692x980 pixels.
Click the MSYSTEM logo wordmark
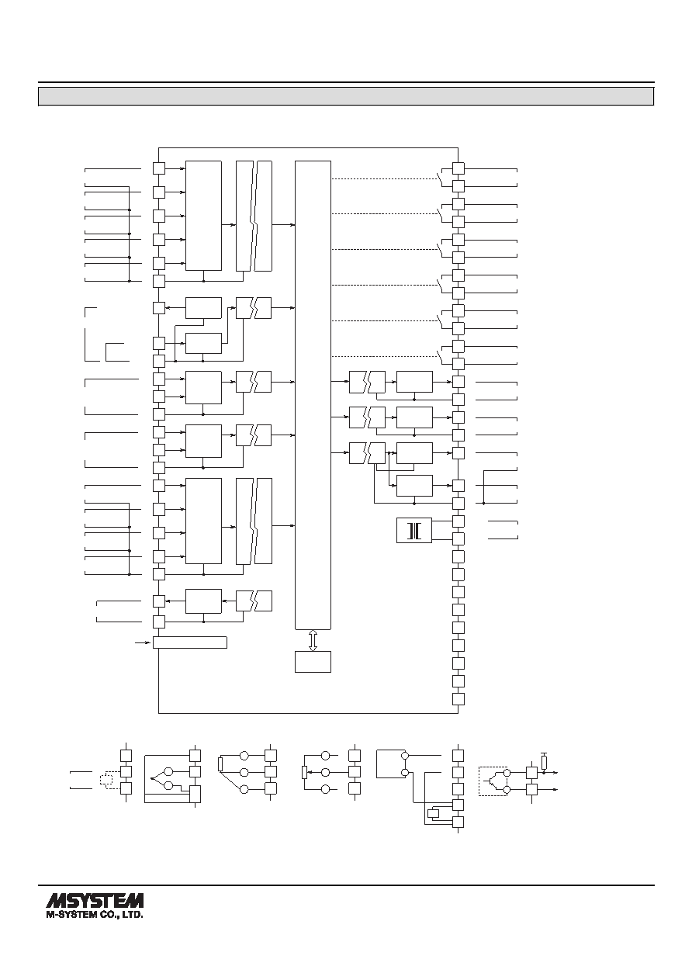[95, 899]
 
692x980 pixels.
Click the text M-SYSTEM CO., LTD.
[95, 914]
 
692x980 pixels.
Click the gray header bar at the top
[346, 96]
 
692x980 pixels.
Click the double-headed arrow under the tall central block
[313, 640]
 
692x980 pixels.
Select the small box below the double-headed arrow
[313, 662]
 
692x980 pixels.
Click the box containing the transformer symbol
[414, 530]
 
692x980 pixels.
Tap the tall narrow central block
[313, 395]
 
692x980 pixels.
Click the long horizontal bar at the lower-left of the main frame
[190, 642]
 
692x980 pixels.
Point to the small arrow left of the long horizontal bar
[141, 642]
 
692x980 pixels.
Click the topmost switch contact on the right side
[440, 178]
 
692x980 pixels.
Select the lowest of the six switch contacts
[440, 357]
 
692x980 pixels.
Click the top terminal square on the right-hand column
[458, 168]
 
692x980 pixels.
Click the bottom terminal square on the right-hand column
[458, 699]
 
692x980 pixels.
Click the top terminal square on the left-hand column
[159, 168]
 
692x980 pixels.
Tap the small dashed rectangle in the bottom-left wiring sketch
[106, 780]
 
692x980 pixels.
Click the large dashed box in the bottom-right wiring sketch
[493, 781]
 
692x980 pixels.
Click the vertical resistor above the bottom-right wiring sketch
[544, 763]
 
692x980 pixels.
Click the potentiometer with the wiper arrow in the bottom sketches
[304, 773]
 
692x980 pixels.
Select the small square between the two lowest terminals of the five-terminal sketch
[434, 813]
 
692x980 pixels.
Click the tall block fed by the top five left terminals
[203, 216]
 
